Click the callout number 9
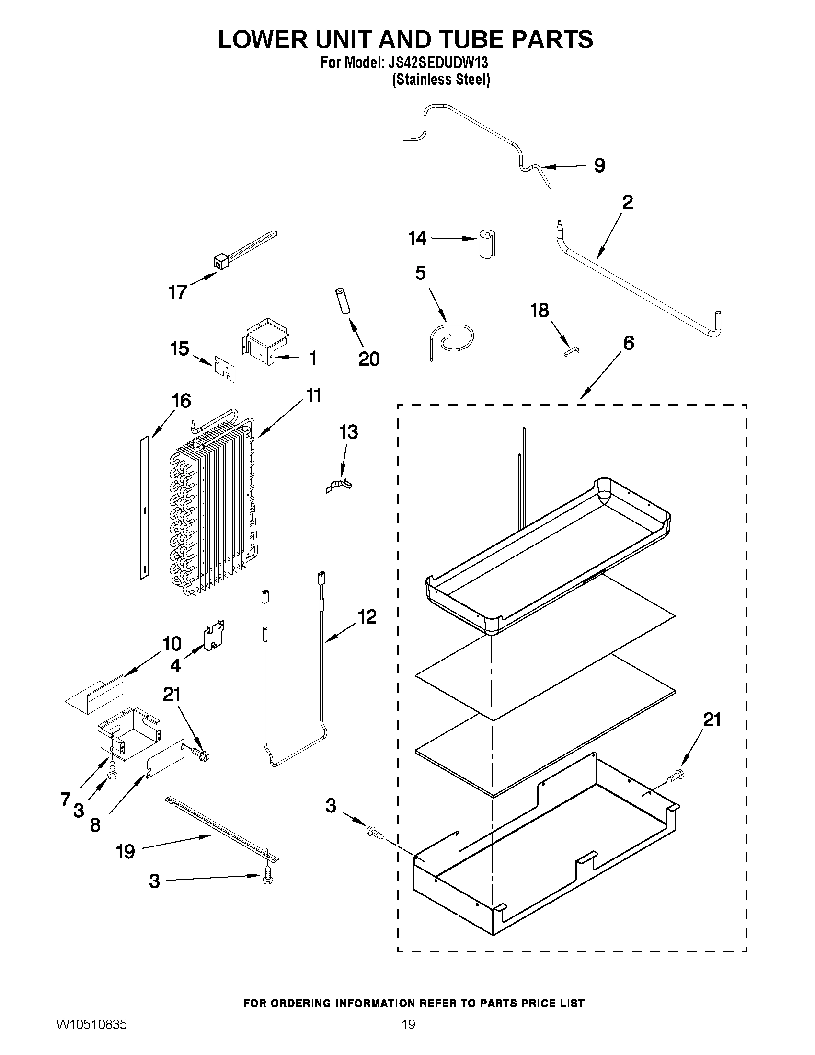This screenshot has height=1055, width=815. pos(599,166)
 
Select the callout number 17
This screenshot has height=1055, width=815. pos(177,292)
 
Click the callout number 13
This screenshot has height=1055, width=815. pos(348,432)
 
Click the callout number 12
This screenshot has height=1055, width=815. pos(367,617)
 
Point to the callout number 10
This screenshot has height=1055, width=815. pos(172,644)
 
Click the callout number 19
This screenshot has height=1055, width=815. pos(125,852)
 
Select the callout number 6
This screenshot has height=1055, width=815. pos(628,343)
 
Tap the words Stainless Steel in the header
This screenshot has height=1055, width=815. pos(441,79)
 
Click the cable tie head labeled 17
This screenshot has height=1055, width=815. pos(220,263)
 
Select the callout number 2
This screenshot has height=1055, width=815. pos(627,202)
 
